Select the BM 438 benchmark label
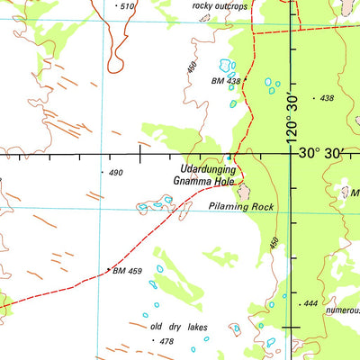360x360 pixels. pyautogui.click(x=226, y=82)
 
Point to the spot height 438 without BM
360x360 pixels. pyautogui.click(x=326, y=97)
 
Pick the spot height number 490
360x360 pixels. pyautogui.click(x=115, y=172)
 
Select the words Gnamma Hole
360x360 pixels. pyautogui.click(x=204, y=180)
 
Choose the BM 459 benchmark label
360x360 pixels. pyautogui.click(x=128, y=270)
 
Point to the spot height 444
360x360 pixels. pyautogui.click(x=310, y=304)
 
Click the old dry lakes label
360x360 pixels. pyautogui.click(x=179, y=328)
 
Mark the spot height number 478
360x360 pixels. pyautogui.click(x=166, y=342)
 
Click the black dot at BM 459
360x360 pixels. pyautogui.click(x=109, y=268)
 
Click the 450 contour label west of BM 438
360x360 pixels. pyautogui.click(x=191, y=67)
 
